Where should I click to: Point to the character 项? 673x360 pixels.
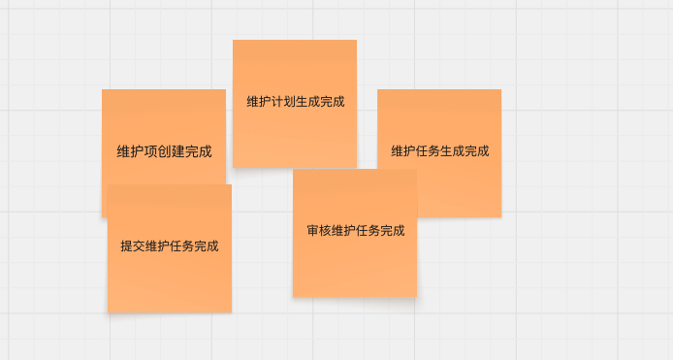pyautogui.click(x=150, y=151)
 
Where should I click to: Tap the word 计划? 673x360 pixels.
pyautogui.click(x=283, y=101)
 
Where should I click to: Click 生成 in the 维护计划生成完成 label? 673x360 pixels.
pyautogui.click(x=307, y=101)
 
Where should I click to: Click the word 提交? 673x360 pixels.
pyautogui.click(x=133, y=246)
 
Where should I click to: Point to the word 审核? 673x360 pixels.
pyautogui.click(x=319, y=231)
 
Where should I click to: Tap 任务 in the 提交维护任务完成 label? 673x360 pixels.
pyautogui.click(x=181, y=246)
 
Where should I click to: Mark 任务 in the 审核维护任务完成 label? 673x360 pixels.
pyautogui.click(x=368, y=231)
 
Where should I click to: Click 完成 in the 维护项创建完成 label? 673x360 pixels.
pyautogui.click(x=199, y=151)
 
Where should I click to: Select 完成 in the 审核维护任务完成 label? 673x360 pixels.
pyautogui.click(x=392, y=231)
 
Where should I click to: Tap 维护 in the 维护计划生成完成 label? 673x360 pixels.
pyautogui.click(x=259, y=101)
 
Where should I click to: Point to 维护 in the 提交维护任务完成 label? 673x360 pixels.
pyautogui.click(x=157, y=246)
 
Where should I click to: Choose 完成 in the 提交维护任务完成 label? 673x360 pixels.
pyautogui.click(x=206, y=246)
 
